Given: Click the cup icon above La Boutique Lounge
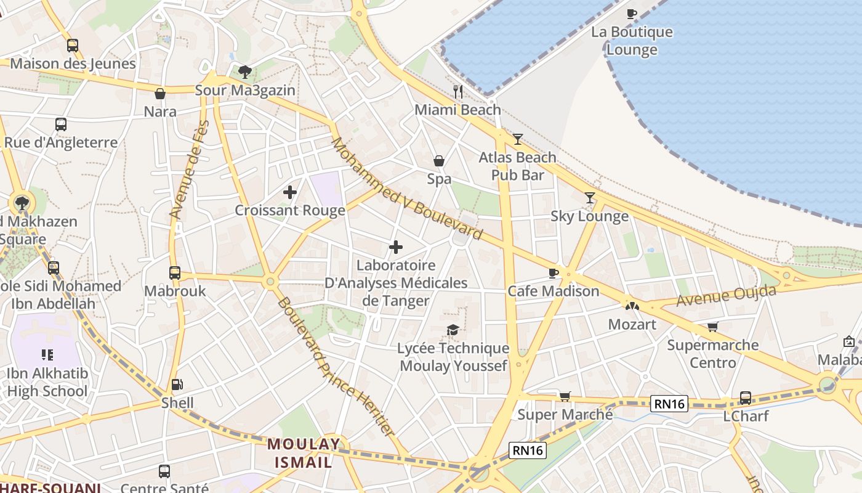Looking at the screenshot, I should pyautogui.click(x=631, y=14).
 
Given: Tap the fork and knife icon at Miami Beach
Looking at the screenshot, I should pyautogui.click(x=457, y=92).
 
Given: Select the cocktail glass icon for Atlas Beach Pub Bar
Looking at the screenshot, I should pyautogui.click(x=517, y=139).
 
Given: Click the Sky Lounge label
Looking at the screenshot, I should pyautogui.click(x=589, y=216).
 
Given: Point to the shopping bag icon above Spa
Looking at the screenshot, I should pyautogui.click(x=439, y=161).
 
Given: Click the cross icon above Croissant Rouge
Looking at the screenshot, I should pyautogui.click(x=290, y=192).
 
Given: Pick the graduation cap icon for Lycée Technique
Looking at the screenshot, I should pyautogui.click(x=453, y=330).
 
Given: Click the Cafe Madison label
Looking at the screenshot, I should pyautogui.click(x=553, y=291).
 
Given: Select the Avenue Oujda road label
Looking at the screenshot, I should pyautogui.click(x=727, y=295).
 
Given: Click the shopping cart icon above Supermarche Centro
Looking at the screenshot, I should pyautogui.click(x=712, y=327).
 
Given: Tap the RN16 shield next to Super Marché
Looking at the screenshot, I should pyautogui.click(x=669, y=404).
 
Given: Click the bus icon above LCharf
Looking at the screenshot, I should pyautogui.click(x=745, y=397).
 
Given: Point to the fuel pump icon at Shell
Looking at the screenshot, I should pyautogui.click(x=177, y=385).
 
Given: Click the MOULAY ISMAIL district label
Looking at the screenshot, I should pyautogui.click(x=303, y=453).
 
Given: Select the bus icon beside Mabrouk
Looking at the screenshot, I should pyautogui.click(x=175, y=272).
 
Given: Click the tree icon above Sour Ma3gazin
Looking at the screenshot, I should pyautogui.click(x=245, y=72).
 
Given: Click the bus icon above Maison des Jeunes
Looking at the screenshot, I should pyautogui.click(x=73, y=45).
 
